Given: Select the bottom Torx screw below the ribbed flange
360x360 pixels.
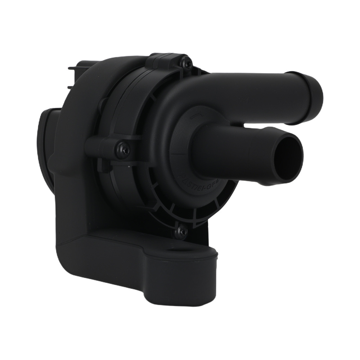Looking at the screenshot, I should coord(181,231).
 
